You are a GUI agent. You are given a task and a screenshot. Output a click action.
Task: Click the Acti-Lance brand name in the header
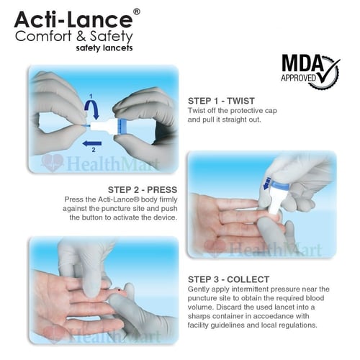73,19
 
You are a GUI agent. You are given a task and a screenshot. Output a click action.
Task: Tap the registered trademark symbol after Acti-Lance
136,12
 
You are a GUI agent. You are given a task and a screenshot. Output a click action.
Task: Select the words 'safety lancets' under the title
104,48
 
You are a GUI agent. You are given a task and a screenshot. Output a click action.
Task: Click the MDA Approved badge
310,71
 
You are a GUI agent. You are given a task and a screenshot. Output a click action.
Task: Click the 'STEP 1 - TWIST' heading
221,101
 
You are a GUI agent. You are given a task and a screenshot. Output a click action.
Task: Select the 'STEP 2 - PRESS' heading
143,190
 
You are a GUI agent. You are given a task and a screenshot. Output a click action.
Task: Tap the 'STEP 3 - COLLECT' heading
228,279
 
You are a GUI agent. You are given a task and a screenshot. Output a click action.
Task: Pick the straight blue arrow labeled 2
91,143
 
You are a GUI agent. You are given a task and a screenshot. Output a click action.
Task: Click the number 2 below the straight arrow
94,150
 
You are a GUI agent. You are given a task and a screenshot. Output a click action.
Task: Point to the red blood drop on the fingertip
120,291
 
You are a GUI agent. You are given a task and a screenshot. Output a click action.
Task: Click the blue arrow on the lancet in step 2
267,184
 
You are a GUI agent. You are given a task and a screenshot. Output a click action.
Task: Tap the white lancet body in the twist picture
105,126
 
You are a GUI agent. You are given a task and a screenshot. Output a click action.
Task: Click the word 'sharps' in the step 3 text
200,317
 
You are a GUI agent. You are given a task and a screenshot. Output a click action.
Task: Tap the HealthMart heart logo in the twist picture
53,163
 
